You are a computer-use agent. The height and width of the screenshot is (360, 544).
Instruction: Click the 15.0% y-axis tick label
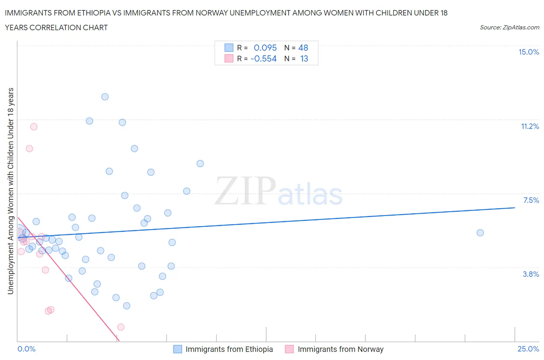(x=529, y=52)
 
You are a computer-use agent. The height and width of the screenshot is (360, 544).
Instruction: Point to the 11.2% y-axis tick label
(x=530, y=127)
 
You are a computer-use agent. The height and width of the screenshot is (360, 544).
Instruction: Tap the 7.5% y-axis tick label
(x=531, y=201)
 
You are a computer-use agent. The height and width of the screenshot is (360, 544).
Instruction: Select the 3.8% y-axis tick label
(x=530, y=274)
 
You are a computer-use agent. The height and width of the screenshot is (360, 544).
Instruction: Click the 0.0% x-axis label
(x=26, y=349)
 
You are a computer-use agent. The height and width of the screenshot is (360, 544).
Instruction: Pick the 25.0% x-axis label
(x=528, y=349)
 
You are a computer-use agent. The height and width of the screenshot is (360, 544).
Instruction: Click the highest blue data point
(x=105, y=97)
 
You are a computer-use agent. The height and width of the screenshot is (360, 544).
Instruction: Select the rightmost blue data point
(x=480, y=233)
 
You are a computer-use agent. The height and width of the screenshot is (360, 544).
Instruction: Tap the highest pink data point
(x=34, y=127)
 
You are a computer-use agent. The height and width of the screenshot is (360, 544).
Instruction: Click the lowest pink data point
(x=121, y=327)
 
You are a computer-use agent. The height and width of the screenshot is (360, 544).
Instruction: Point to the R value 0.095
(x=265, y=48)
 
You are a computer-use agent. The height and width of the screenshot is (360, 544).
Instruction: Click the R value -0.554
(x=263, y=59)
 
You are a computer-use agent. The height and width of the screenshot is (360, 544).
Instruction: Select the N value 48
(x=303, y=48)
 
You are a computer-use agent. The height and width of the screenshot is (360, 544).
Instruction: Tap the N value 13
(x=304, y=59)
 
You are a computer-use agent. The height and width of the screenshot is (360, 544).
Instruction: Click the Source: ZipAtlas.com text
(x=509, y=27)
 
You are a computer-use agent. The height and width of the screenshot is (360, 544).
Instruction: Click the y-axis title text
(x=11, y=191)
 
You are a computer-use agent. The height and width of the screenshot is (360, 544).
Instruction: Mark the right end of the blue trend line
(x=515, y=208)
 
